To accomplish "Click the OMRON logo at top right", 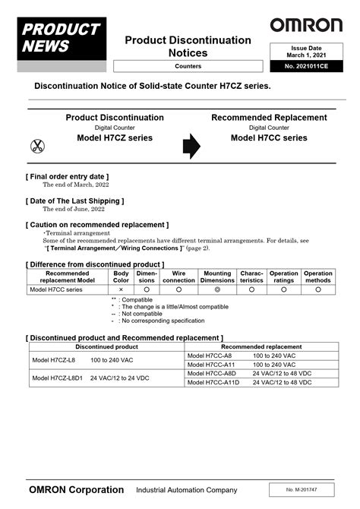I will pyautogui.click(x=306, y=25).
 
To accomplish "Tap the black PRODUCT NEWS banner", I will pyautogui.click(x=62, y=38).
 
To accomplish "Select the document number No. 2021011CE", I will pyautogui.click(x=306, y=67).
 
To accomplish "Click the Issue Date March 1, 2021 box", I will pyautogui.click(x=306, y=52).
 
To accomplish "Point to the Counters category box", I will pyautogui.click(x=188, y=67).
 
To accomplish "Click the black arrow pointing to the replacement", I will pyautogui.click(x=191, y=146).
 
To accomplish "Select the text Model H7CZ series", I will pyautogui.click(x=115, y=138).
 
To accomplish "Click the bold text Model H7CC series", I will pyautogui.click(x=269, y=138).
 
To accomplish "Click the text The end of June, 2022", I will pyautogui.click(x=74, y=209).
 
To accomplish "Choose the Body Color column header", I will pyautogui.click(x=121, y=277).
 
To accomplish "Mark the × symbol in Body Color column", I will pyautogui.click(x=121, y=289).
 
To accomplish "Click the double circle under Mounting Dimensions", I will pyautogui.click(x=218, y=289).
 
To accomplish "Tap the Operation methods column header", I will pyautogui.click(x=318, y=277).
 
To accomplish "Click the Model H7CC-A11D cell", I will pyautogui.click(x=212, y=382).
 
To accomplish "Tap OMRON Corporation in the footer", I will pyautogui.click(x=76, y=489).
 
